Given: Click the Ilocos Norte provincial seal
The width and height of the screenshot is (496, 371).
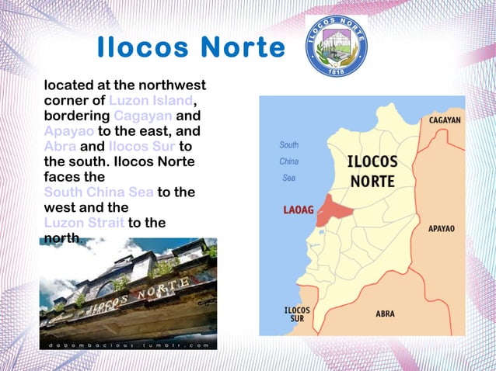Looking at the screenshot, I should point(336,46).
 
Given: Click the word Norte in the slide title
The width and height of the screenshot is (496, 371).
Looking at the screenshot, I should point(243,48).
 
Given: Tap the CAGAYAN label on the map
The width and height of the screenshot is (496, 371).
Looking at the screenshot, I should point(445,121).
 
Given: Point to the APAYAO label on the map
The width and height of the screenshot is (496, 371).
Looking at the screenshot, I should point(442,229).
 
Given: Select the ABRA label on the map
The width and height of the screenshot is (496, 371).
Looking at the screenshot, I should point(385,314).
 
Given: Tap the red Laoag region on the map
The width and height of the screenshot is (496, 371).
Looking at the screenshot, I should point(334,207).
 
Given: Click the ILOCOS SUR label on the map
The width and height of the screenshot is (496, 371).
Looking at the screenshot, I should point(297,314).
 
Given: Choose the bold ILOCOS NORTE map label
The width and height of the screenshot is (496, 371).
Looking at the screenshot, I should point(372,172).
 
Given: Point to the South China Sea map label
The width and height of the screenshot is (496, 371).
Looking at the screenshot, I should point(288,161).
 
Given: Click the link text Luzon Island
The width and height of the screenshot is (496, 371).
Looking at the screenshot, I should point(150,101).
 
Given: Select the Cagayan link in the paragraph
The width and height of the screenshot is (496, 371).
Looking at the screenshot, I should point(147,116).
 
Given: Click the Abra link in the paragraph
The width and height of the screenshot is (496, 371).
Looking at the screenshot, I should point(60,146).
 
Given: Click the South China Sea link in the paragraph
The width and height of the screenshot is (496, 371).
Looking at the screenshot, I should point(99,192).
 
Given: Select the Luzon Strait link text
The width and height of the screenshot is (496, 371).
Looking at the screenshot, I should point(84,223).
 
